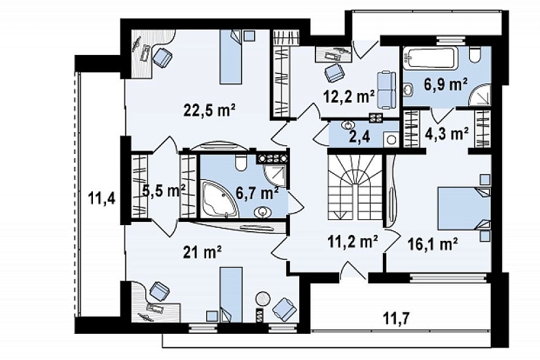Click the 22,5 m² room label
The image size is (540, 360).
tap(209, 111)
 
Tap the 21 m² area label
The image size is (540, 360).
tap(202, 253)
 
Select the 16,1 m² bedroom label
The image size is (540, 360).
tap(433, 245)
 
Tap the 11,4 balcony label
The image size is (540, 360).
tap(101, 198)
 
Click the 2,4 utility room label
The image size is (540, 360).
tap(360, 137)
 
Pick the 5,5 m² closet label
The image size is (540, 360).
tap(164, 190)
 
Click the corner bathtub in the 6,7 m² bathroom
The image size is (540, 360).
tap(219, 199)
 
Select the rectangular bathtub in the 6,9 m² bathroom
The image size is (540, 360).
tap(430, 58)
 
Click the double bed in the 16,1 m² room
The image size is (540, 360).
tap(465, 208)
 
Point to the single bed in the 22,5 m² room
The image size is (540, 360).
tap(230, 57)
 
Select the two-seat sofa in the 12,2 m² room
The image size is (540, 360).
tap(386, 90)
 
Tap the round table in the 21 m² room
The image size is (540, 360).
tap(264, 299)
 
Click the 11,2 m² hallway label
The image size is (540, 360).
tap(352, 243)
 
